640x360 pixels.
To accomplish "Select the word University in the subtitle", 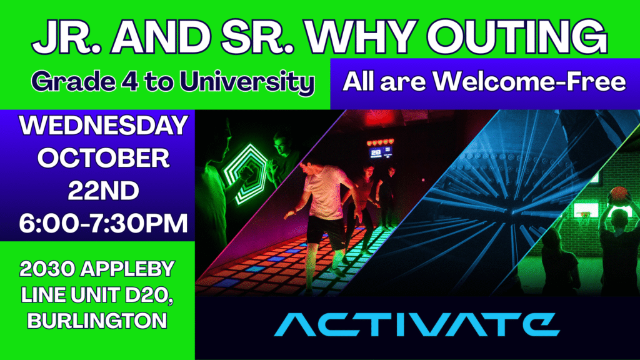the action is point(247,82).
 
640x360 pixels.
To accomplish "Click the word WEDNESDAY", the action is point(103,125).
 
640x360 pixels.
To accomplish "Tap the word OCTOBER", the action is point(103,158).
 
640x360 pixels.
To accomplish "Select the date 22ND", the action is point(103,191).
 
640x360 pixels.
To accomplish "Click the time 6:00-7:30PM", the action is point(103,223).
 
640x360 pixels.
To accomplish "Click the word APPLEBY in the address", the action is point(127,269).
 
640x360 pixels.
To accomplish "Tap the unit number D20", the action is point(149,295).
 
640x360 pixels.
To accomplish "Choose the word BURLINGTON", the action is point(97,321).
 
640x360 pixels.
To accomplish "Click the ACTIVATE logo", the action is point(416,324).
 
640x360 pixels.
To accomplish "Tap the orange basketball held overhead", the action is point(619,194).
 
